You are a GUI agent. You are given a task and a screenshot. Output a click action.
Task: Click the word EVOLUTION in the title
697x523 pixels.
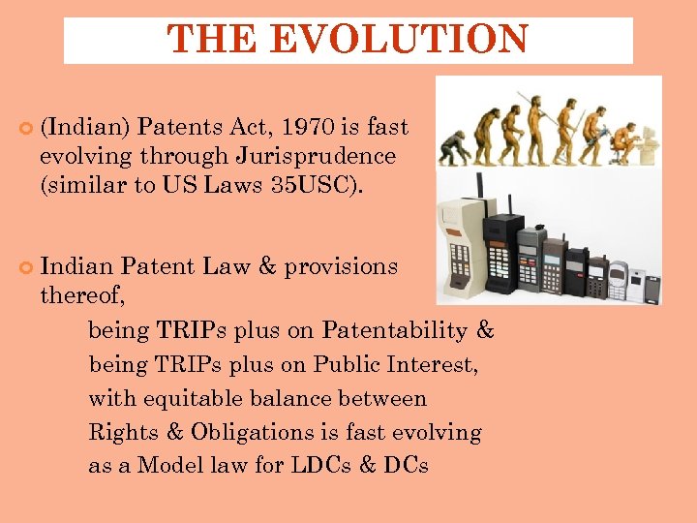399,40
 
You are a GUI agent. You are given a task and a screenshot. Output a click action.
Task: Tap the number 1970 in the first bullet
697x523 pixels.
309,127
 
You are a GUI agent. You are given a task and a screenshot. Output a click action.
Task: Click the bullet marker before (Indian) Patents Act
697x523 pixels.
25,128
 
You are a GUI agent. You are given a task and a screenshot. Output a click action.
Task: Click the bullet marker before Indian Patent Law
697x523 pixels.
25,266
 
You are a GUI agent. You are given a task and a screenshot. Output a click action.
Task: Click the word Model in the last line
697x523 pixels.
170,466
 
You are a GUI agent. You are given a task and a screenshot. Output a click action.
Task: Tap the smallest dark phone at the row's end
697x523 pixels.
652,289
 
